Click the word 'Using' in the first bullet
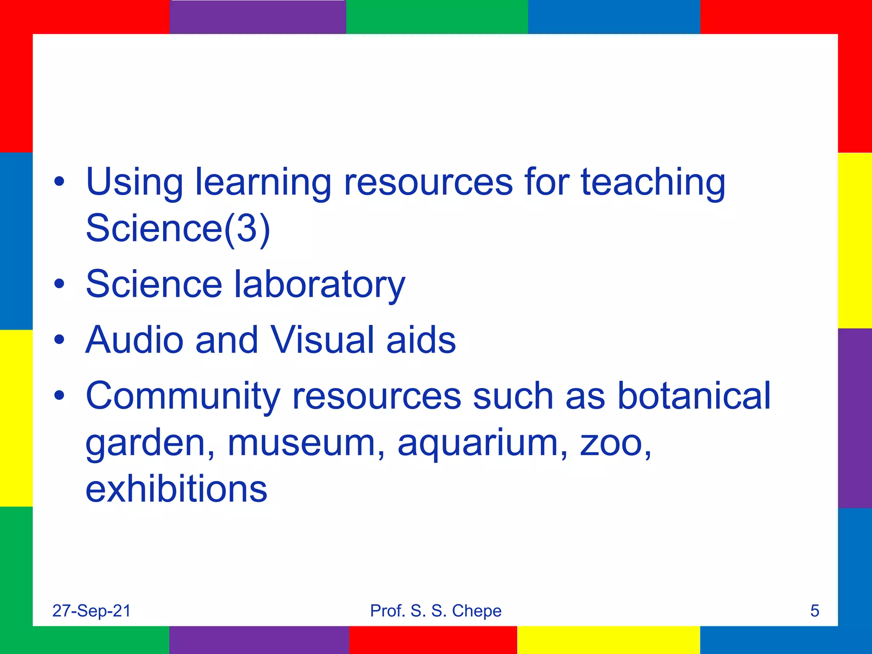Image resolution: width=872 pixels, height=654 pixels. [x=134, y=182]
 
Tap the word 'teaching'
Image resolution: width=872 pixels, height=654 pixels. [x=653, y=182]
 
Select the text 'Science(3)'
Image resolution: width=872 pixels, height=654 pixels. [x=178, y=228]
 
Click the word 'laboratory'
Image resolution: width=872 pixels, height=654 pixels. [x=320, y=284]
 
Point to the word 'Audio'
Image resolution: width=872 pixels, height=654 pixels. [x=134, y=340]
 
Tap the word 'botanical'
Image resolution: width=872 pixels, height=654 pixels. [x=694, y=396]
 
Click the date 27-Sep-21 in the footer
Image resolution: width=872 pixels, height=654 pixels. [x=92, y=611]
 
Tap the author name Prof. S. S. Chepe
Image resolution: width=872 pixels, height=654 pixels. [x=436, y=611]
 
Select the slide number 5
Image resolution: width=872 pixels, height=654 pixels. [x=815, y=611]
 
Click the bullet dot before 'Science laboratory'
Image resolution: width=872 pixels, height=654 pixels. [x=60, y=284]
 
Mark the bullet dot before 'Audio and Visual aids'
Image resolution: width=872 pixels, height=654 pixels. [x=60, y=340]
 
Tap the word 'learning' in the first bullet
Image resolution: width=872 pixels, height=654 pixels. [x=263, y=182]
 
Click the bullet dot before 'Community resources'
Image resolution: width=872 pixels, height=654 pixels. [x=60, y=396]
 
